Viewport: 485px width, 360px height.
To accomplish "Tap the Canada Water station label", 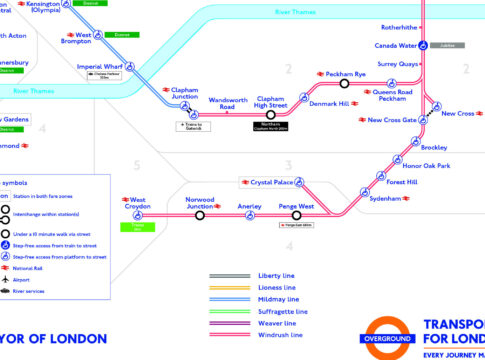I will pos(396,45).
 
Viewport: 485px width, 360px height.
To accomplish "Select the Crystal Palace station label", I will pos(270,183).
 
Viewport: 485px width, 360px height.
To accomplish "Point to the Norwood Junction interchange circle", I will pos(200,215).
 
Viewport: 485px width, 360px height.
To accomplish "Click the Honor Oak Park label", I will pos(426,165).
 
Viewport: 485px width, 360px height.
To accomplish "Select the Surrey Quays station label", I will pos(397,64).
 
